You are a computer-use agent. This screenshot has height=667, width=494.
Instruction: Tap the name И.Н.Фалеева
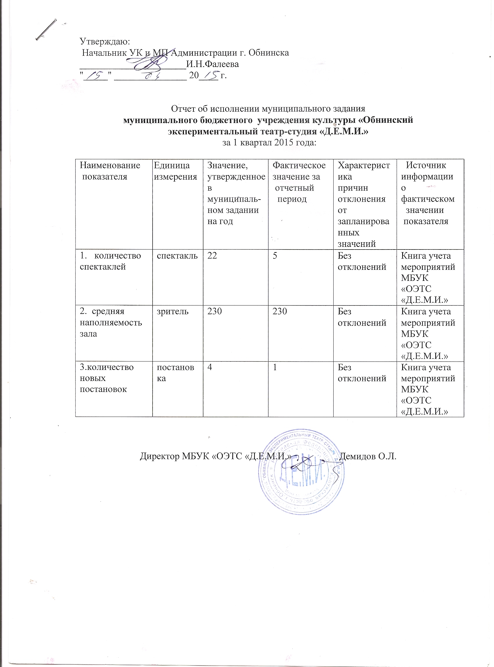[x=212, y=64]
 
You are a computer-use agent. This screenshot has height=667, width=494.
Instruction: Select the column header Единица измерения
[x=176, y=171]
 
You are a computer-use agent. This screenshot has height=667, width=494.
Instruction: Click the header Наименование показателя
[x=110, y=171]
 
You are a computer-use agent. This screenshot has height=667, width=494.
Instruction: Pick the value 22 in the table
[x=212, y=256]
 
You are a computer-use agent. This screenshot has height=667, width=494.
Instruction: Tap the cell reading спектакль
[x=177, y=256]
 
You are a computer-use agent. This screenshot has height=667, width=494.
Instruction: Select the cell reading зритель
[x=173, y=312]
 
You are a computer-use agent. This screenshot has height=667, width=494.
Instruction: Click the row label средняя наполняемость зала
[x=110, y=323]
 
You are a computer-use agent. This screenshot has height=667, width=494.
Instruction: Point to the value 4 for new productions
[x=210, y=368]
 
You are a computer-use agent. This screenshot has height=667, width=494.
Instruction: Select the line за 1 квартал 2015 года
[x=269, y=143]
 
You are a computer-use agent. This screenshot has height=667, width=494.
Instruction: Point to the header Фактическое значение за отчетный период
[x=299, y=182]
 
